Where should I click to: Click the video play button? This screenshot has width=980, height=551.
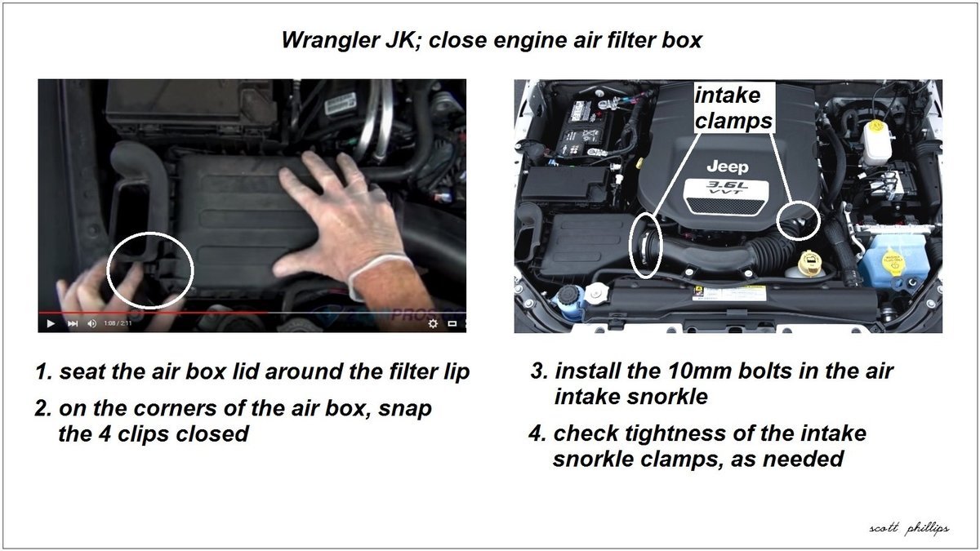pyautogui.click(x=51, y=323)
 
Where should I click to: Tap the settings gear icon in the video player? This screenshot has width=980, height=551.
pyautogui.click(x=433, y=323)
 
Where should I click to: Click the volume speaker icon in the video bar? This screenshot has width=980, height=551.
pyautogui.click(x=91, y=323)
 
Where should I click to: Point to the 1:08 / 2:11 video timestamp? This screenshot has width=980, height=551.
pyautogui.click(x=119, y=323)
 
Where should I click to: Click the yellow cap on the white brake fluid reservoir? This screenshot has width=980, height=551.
pyautogui.click(x=875, y=128)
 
